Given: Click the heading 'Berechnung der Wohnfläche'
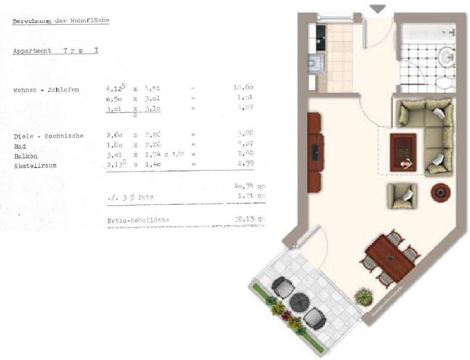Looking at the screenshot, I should click(61, 21).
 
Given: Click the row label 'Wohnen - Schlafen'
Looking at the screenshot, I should click(46, 90).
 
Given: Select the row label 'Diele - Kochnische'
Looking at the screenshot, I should click(49, 136).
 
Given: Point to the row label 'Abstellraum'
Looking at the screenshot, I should click(35, 166).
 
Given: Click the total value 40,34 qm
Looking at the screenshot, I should click(250, 186).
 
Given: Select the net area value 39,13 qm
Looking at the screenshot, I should click(250, 219).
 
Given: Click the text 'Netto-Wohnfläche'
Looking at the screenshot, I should click(138, 220).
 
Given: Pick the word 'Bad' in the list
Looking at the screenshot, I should click(20, 146).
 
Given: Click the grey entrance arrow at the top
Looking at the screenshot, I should click(378, 9).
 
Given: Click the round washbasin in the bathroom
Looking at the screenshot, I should click(446, 55).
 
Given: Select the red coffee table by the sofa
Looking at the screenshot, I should click(403, 152).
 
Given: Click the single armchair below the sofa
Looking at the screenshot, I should click(402, 196).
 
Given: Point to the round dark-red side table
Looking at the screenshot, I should click(441, 192).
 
